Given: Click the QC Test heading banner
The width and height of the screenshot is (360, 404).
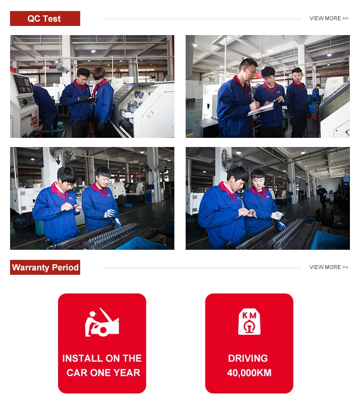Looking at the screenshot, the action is [45, 19].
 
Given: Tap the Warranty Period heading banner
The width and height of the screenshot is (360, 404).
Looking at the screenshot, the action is [45, 267].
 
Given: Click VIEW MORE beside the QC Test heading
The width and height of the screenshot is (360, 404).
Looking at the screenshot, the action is [329, 18].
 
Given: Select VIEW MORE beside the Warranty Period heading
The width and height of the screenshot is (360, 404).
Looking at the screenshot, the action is [329, 267].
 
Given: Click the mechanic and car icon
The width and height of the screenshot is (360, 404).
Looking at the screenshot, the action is [102, 322].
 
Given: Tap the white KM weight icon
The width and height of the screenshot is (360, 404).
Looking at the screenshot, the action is [249, 322].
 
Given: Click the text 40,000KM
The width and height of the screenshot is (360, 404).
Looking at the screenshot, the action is [249, 373].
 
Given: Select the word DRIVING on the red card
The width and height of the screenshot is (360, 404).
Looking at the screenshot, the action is [248, 358].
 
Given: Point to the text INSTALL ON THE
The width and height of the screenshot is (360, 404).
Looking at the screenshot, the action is [102, 358].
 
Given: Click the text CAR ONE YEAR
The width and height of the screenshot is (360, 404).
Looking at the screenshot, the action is [103, 373].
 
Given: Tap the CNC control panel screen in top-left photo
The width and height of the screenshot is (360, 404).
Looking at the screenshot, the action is [23, 84].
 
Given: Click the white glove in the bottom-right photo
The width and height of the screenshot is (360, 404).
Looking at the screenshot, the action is [277, 215].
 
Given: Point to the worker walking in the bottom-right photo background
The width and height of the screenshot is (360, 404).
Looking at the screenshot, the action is [322, 196].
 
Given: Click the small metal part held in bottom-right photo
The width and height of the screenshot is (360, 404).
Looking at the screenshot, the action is [252, 213].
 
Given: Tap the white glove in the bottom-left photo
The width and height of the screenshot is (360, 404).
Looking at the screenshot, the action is [110, 213].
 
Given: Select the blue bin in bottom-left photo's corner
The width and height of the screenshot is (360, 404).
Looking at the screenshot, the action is [144, 244].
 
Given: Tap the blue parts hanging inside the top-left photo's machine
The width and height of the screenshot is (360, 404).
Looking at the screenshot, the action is [139, 95].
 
